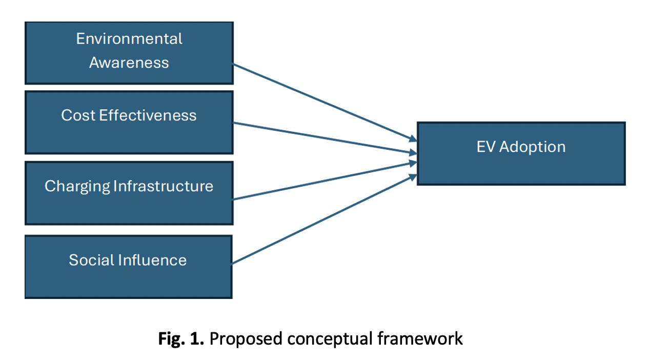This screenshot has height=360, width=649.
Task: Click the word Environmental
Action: point(129,38)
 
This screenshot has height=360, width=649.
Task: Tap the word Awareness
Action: point(129,63)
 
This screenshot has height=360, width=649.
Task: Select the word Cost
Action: point(78,115)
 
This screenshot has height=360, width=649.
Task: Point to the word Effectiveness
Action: point(148,115)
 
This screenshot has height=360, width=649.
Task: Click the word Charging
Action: point(77,187)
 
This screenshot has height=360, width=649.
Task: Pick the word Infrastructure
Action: point(164,186)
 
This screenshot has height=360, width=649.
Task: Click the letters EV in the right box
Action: point(486,147)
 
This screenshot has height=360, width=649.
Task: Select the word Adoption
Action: point(532,148)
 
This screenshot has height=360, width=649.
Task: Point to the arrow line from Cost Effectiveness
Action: point(325,138)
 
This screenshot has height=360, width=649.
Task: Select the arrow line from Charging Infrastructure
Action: point(325,181)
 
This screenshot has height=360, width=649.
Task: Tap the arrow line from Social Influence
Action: point(324,219)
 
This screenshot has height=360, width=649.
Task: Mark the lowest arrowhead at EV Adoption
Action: point(413,177)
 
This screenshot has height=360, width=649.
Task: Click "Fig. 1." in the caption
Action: point(181,338)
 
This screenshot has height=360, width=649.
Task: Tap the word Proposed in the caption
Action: point(246,339)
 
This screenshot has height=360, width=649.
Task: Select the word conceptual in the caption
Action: point(330,339)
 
